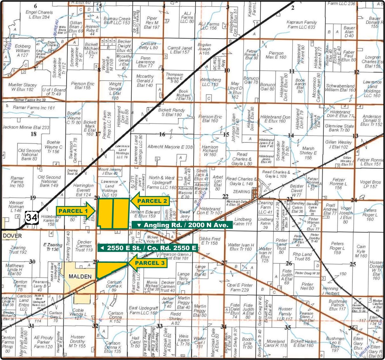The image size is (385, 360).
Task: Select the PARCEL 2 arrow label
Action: click(150, 201)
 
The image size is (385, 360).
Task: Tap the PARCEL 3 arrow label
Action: click(148, 263)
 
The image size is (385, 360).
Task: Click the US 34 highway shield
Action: click(32, 218)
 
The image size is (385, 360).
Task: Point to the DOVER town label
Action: click(13, 236)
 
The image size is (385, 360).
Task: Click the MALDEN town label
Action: click(80, 276)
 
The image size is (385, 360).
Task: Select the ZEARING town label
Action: click(241, 192)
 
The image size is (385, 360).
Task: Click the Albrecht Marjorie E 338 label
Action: click(170, 147)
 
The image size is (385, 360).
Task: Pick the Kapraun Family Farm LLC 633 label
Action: click(302, 25)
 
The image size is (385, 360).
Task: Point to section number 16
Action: click(162, 134)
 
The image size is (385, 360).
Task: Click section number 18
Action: click(33, 134)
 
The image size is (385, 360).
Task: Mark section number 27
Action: click(224, 262)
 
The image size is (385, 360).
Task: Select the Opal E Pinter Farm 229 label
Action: click(240, 287)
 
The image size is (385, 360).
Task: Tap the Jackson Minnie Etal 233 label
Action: click(26, 127)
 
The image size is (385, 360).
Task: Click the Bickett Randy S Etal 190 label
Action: click(172, 112)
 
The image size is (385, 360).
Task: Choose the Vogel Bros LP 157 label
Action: click(370, 184)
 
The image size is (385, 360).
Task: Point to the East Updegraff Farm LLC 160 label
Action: click(143, 310)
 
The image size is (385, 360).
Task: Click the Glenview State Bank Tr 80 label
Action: click(339, 128)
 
